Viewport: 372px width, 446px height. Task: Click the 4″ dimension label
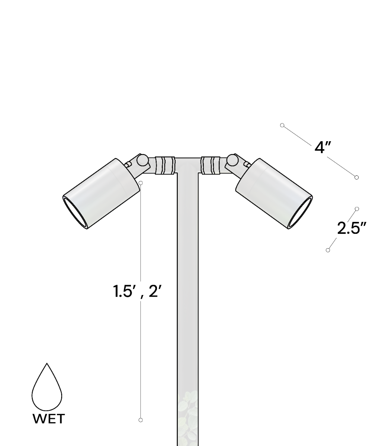323,148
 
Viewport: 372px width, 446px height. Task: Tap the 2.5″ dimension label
352,228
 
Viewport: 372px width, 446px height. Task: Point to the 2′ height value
155,291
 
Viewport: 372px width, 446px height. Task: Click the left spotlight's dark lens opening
75,214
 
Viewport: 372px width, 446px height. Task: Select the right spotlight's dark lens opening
300,214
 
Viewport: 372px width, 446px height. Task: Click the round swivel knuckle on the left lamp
142,160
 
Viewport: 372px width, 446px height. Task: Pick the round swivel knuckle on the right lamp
232,160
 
